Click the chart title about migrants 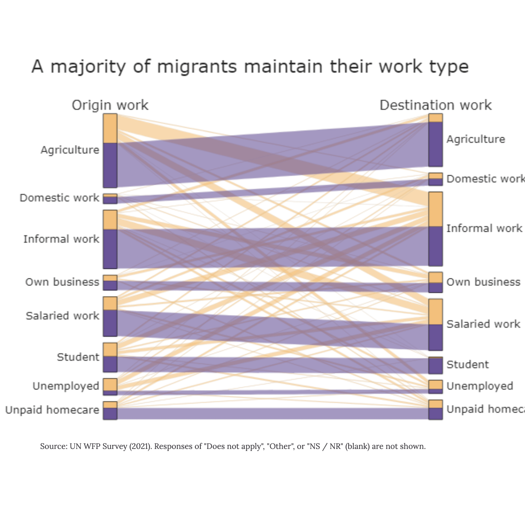click(x=250, y=67)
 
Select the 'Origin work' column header click(x=110, y=105)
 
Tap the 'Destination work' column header click(x=435, y=105)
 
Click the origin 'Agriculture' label click(x=70, y=150)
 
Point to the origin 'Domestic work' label click(x=59, y=198)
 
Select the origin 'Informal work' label click(x=61, y=239)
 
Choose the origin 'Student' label click(x=78, y=357)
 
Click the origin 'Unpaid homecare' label click(x=52, y=410)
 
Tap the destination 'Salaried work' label click(x=483, y=324)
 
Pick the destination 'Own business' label click(x=483, y=282)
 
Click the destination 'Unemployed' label click(x=480, y=386)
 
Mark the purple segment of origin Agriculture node click(x=110, y=165)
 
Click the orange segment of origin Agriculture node click(x=110, y=128)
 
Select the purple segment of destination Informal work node click(x=436, y=246)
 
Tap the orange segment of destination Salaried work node click(x=436, y=312)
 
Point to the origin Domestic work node click(x=110, y=198)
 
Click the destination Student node click(x=436, y=365)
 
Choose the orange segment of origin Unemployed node click(x=110, y=384)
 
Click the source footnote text click(x=233, y=446)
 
